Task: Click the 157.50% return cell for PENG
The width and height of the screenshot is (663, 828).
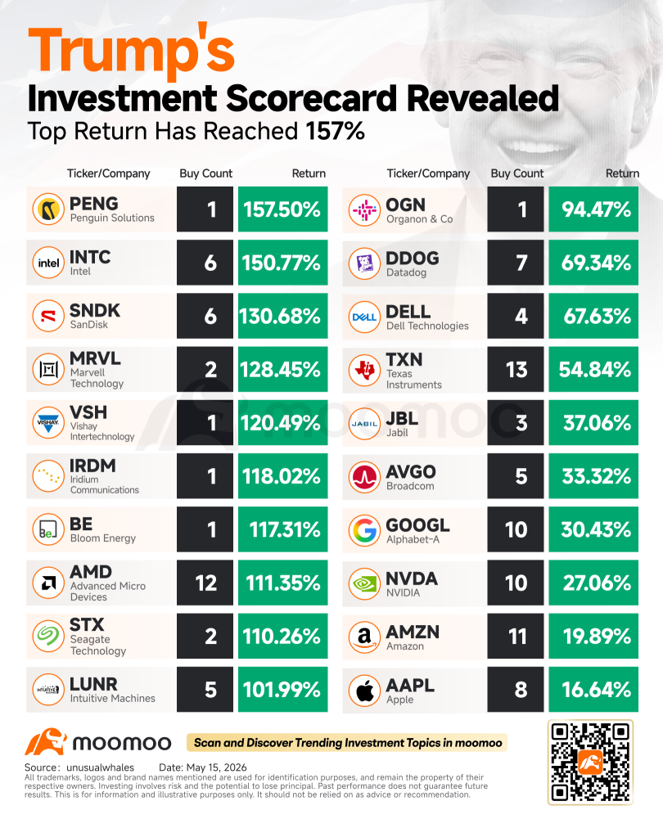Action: click(282, 209)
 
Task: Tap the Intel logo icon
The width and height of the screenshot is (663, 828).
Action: click(48, 263)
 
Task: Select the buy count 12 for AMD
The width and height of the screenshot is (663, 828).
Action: click(205, 583)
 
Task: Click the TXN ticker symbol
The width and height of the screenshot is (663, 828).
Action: click(404, 360)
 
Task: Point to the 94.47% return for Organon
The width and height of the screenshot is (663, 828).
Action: click(593, 209)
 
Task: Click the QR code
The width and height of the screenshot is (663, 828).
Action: click(590, 762)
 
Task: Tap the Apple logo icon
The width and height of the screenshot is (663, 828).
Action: click(364, 691)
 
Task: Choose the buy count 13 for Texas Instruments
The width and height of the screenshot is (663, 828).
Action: click(516, 370)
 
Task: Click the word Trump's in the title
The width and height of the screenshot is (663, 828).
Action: click(132, 52)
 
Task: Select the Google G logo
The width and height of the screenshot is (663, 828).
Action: click(364, 530)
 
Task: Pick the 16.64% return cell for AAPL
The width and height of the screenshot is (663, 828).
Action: click(593, 690)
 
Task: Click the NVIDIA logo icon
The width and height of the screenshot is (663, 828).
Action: click(364, 583)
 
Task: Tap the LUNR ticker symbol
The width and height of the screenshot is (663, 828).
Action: click(93, 684)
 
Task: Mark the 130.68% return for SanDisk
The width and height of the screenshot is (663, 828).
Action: click(282, 316)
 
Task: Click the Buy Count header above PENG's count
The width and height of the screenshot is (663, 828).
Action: click(205, 173)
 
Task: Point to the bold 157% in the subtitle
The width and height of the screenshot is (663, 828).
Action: click(335, 131)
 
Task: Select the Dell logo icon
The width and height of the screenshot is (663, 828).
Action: click(364, 317)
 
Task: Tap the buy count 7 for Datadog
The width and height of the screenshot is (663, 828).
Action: click(516, 263)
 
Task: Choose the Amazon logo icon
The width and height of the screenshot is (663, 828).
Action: click(364, 637)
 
